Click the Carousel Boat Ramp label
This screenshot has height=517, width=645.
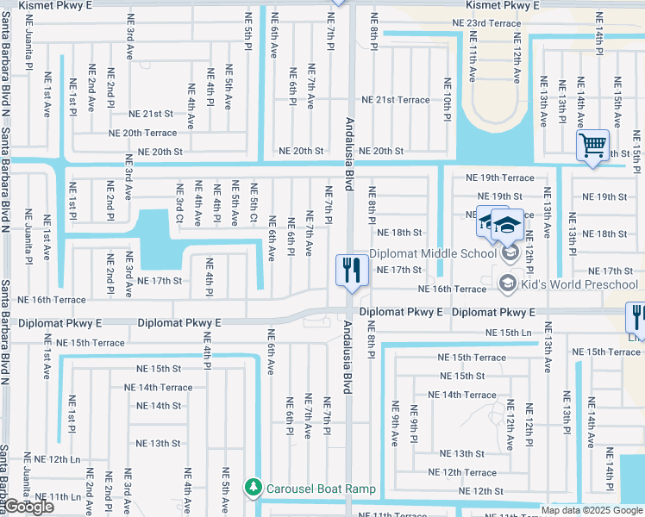click(321, 489)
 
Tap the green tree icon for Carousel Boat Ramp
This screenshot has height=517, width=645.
click(253, 489)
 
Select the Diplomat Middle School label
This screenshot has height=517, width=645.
click(433, 254)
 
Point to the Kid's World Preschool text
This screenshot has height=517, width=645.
click(579, 284)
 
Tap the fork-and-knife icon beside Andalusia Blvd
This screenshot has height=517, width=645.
click(348, 271)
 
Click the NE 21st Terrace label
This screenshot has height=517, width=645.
click(396, 100)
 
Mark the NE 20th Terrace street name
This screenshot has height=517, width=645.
click(142, 133)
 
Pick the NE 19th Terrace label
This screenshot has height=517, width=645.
click(500, 178)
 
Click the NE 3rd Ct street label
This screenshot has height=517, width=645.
click(179, 202)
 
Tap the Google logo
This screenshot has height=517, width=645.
click(28, 507)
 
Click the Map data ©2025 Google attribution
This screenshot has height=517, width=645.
click(592, 510)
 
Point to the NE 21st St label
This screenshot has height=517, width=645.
click(151, 114)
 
